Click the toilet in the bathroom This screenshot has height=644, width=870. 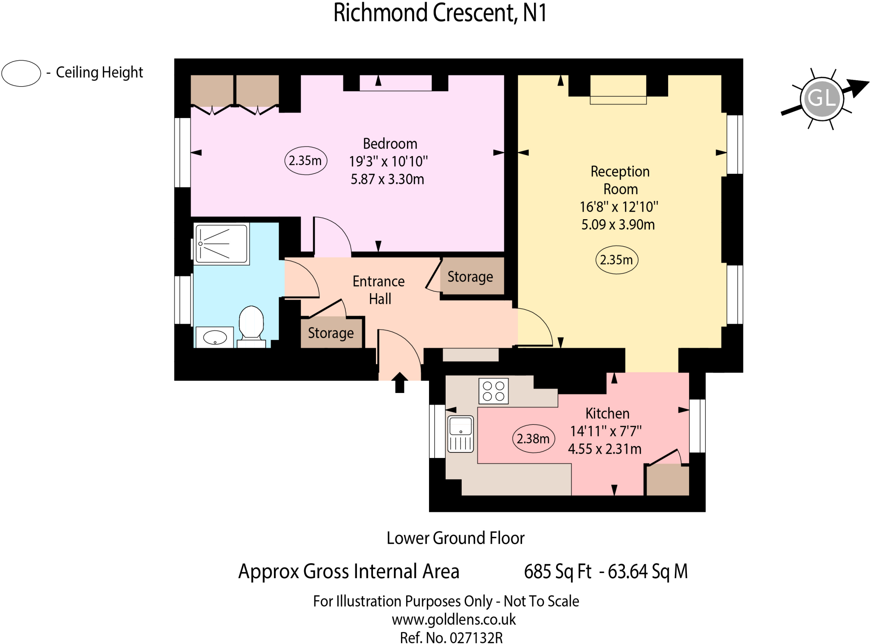pos(251,323)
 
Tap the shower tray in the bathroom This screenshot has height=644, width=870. pos(221,243)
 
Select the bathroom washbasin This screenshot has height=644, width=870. pos(215,338)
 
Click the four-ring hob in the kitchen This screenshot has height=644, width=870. pos(494,391)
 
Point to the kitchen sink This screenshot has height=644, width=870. pos(461,434)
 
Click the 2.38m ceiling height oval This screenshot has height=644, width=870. pos(534,438)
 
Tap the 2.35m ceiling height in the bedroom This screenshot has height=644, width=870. pos(305,161)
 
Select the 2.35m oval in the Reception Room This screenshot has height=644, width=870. pos(616,260)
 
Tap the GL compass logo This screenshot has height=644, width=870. pos(822,99)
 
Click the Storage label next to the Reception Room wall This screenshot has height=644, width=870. pos(470,277)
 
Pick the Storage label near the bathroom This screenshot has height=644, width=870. pos(330,333)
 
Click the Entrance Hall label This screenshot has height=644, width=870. pos(379,290)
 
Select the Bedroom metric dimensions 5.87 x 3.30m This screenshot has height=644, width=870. pos(387,179)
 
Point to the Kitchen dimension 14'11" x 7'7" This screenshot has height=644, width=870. pos(606,431)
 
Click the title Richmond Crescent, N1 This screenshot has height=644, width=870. pos(440,13)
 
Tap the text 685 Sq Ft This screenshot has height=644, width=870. pos(557,571)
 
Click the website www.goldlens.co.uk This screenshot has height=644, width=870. pos(454,620)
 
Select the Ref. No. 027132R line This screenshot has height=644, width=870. pos(451,638)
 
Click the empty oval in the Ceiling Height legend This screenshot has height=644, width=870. pos(21,73)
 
